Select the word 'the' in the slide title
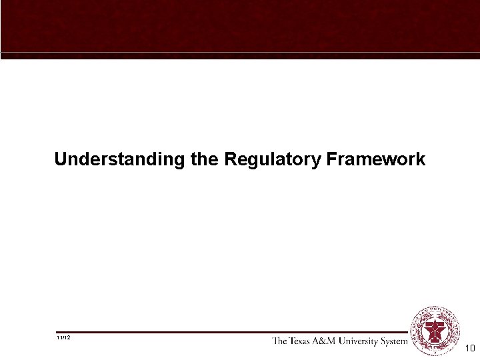[203, 160]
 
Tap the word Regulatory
[272, 160]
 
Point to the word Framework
[375, 160]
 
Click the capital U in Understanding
[61, 160]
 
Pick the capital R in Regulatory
[230, 160]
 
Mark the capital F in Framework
[331, 160]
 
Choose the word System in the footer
[395, 341]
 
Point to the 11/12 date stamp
[64, 337]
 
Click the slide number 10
[469, 348]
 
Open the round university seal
[436, 331]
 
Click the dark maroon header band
[240, 25]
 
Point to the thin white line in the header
[240, 52]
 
